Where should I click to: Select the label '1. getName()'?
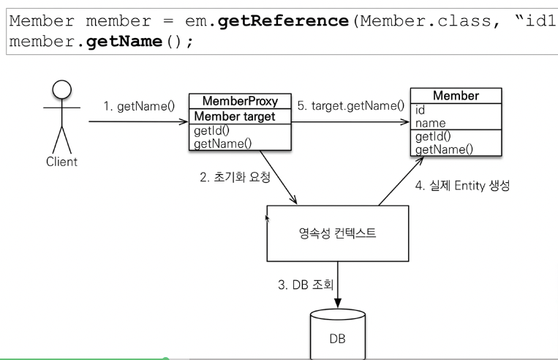tap(138, 106)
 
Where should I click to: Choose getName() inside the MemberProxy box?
tap(219, 143)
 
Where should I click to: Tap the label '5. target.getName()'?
tap(351, 106)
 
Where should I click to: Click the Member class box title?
tap(456, 97)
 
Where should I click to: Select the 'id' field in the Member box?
tap(420, 110)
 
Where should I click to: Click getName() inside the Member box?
tap(443, 149)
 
